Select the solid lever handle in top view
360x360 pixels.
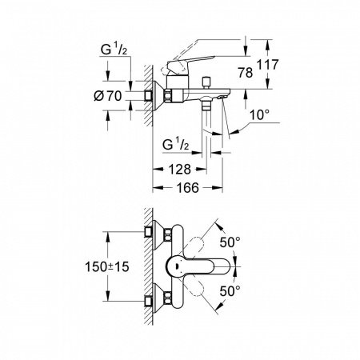click(x=214, y=266)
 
